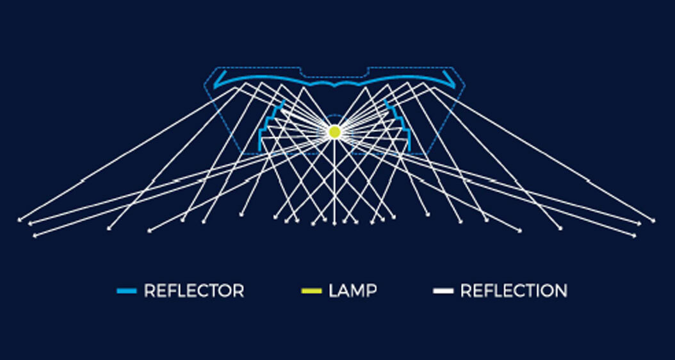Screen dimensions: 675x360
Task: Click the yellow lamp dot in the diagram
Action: click(334, 131)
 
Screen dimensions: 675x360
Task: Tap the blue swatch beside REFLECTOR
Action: click(127, 291)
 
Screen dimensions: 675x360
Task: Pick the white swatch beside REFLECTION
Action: click(443, 291)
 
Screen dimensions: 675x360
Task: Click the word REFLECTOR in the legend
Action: click(194, 291)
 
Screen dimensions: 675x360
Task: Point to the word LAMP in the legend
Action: click(352, 291)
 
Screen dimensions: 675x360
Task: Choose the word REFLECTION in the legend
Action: click(514, 291)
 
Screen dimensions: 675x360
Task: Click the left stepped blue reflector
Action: click(269, 125)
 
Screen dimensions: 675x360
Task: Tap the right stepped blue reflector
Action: click(400, 125)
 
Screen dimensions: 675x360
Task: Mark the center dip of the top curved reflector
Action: click(334, 86)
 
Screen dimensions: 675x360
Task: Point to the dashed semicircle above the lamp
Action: click(334, 116)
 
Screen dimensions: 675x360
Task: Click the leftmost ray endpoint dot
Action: click(19, 221)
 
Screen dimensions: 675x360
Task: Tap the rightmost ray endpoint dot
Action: click(653, 221)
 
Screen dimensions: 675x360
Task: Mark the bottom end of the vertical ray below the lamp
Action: click(334, 224)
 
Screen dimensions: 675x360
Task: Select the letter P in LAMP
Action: click(371, 291)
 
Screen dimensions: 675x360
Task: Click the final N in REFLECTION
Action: click(561, 291)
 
